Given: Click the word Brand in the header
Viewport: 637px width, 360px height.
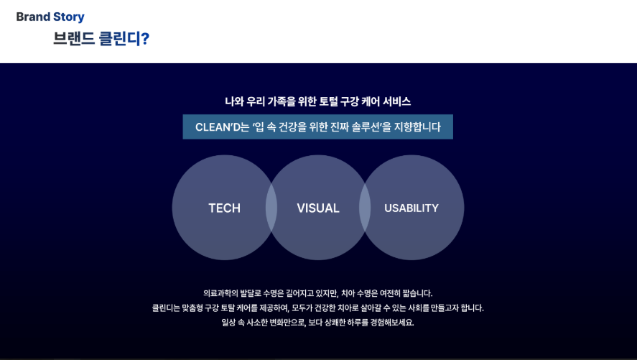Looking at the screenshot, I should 33,17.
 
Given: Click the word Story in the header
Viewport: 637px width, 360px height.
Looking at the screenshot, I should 68,17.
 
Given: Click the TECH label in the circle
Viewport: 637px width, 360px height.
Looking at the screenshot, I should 224,208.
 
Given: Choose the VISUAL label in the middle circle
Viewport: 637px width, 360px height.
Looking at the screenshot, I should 317,208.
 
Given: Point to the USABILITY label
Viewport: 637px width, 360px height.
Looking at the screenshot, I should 411,208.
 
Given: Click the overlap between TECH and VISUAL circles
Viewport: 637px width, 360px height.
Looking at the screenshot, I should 271,208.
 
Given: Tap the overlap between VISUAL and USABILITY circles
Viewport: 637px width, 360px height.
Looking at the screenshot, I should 365,208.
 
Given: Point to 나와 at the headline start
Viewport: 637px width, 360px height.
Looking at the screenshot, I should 235,102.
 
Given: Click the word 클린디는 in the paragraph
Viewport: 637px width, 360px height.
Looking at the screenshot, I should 167,308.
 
